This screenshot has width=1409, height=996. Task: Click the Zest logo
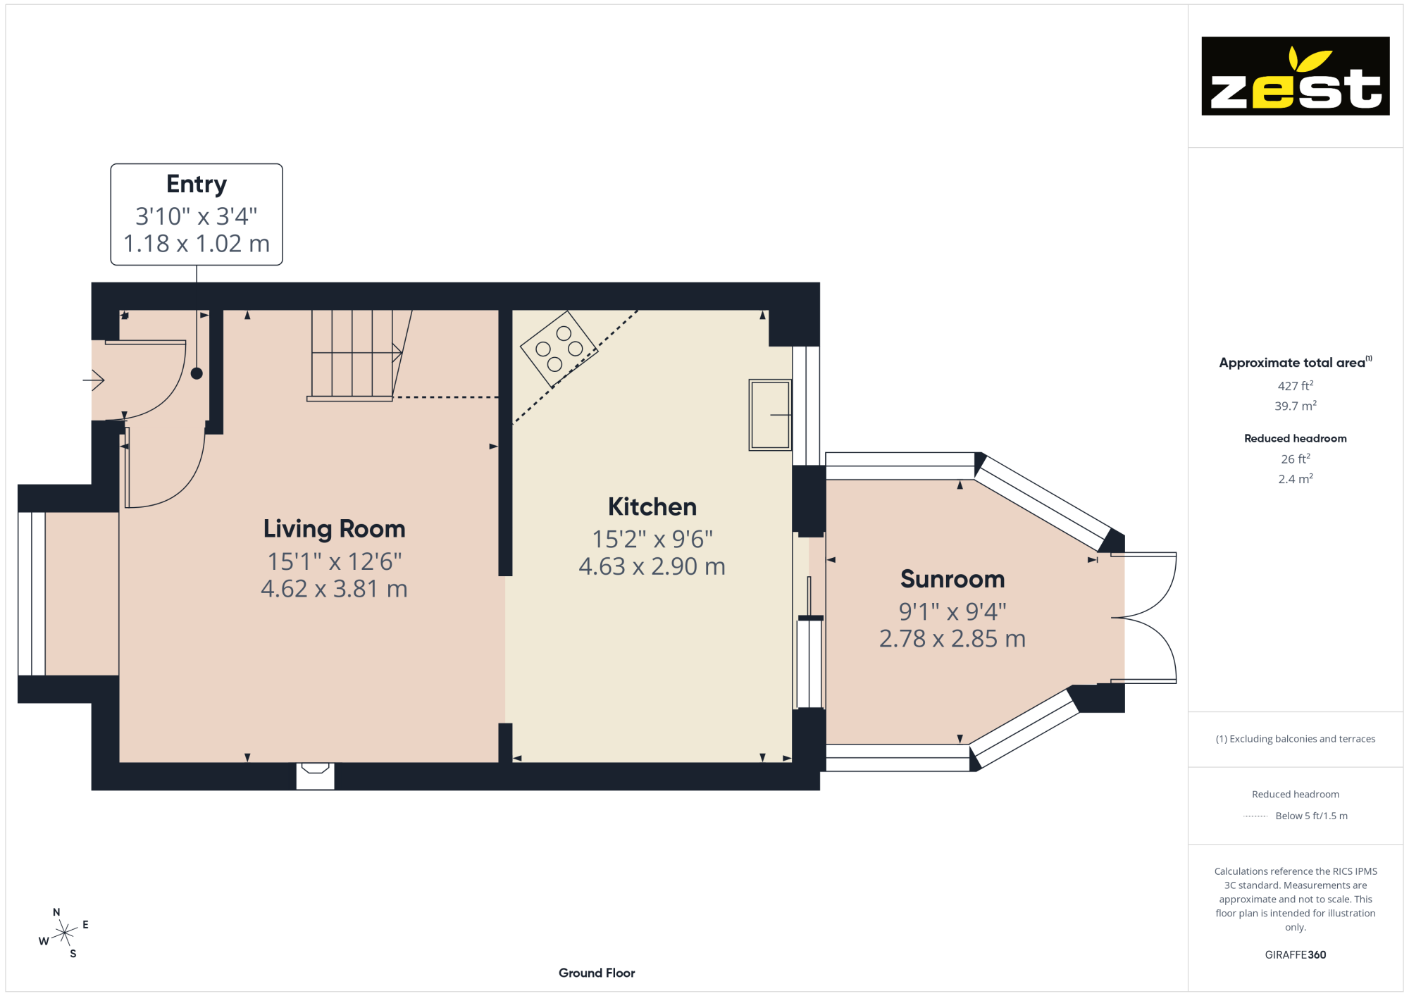point(1295,76)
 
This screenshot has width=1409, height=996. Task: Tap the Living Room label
point(335,529)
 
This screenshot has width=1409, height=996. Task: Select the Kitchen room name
point(652,506)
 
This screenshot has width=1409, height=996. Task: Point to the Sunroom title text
point(952,579)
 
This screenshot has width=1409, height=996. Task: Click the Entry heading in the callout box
point(197,185)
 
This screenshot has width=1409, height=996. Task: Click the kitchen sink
point(770,415)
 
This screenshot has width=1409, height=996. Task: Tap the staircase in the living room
point(359,355)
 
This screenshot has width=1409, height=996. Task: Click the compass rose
point(64,933)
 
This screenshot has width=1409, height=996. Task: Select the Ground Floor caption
point(597,973)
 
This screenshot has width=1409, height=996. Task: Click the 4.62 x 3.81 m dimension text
point(335,589)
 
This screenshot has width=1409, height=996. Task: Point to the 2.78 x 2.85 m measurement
point(952,639)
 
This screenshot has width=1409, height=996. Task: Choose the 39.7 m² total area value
point(1296,406)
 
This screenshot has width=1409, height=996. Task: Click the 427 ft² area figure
point(1296,386)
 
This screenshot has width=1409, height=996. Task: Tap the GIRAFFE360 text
point(1296,955)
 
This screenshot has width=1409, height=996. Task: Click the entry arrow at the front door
point(94,380)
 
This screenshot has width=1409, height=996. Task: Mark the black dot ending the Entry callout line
point(197,373)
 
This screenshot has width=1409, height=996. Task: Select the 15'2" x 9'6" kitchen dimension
point(652,540)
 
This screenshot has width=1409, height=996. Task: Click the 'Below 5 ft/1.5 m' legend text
point(1311,816)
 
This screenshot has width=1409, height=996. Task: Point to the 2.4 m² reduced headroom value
point(1296,479)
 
